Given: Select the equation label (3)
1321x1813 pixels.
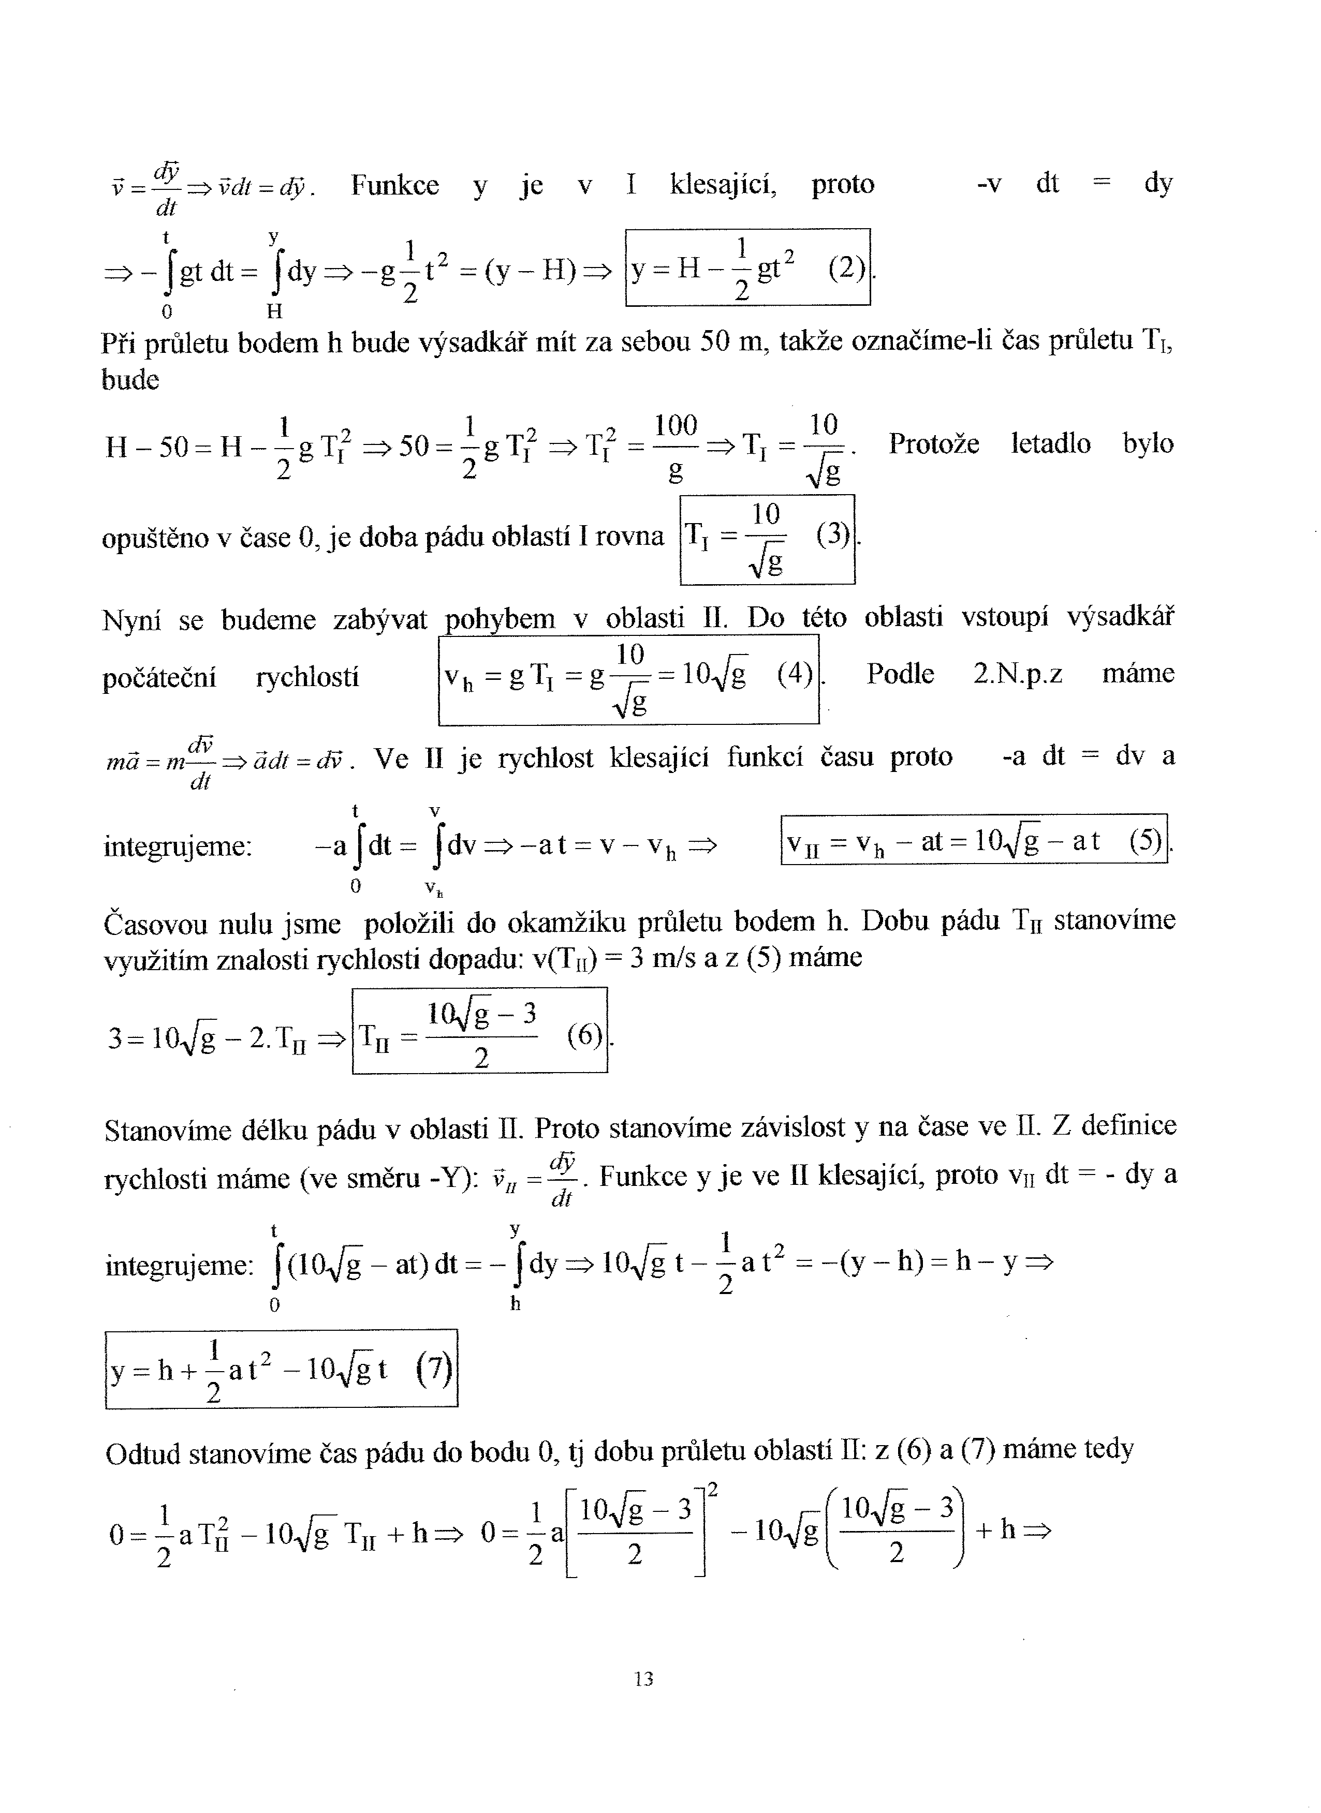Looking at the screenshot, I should point(832,533).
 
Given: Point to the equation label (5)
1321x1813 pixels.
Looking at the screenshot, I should point(1145,841).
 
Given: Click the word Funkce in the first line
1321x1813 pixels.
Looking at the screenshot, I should point(395,185).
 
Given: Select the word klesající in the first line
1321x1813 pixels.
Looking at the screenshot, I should point(723,185).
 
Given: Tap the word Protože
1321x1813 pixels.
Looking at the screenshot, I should point(933,443).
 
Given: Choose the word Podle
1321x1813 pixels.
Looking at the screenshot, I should point(900,674).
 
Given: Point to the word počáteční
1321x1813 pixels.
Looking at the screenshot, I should point(159,678).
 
